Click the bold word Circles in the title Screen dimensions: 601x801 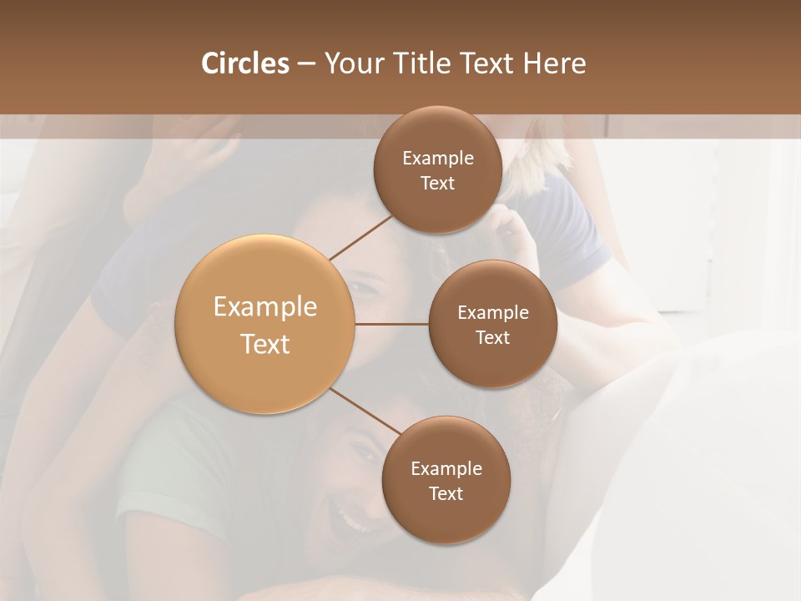[x=244, y=63]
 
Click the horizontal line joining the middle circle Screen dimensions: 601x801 [x=391, y=324]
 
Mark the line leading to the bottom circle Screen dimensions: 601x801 [x=365, y=411]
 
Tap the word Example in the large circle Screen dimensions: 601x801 [x=264, y=307]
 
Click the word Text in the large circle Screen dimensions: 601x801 [x=264, y=344]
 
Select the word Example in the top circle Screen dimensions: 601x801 [x=437, y=159]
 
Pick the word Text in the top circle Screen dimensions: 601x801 [x=437, y=184]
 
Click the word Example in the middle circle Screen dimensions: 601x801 [x=493, y=313]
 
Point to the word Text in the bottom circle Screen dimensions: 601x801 [x=446, y=493]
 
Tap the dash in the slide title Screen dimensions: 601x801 [x=306, y=64]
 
